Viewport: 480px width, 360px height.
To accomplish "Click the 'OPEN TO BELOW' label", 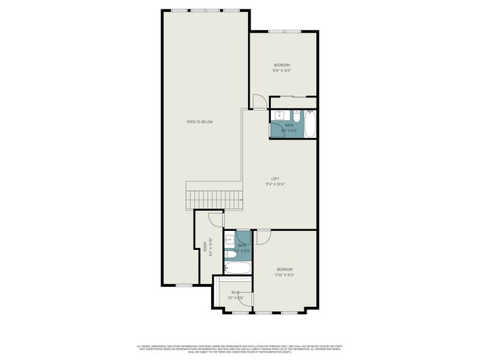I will point(199,122).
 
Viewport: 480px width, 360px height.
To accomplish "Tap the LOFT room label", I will point(274,179).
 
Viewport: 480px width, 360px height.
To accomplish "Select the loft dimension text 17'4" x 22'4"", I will point(274,184).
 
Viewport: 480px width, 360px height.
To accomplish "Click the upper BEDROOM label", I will point(282,66).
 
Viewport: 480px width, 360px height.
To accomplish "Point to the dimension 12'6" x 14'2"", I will point(282,71).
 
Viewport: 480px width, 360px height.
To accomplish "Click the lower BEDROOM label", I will point(285,269).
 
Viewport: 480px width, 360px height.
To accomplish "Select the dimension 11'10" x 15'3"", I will point(285,274).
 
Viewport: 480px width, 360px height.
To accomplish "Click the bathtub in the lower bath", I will point(239,267).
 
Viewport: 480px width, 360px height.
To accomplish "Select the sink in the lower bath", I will point(230,240).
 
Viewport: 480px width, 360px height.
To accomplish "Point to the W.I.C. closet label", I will point(235,292).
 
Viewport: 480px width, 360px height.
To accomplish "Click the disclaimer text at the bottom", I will point(240,348).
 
